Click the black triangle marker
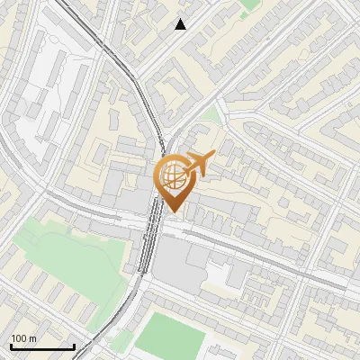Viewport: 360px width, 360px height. pos(181,24)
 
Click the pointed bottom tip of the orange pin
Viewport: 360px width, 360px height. pos(172,212)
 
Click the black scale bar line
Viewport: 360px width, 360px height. pos(42,346)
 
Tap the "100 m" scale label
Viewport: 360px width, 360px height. pos(23,338)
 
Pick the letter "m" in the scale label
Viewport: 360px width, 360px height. pos(32,338)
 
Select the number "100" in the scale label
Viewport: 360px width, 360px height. pos(19,338)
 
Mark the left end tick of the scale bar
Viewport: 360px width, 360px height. pos(11,345)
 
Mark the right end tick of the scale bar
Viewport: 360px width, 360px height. pos(74,345)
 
